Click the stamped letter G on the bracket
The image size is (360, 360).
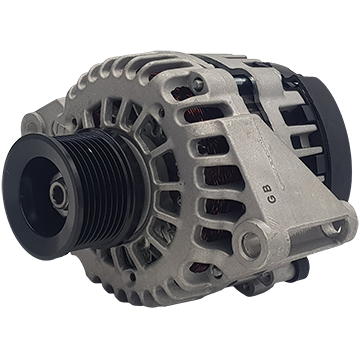pyautogui.click(x=272, y=199)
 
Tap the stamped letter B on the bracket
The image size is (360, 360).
pyautogui.click(x=268, y=189)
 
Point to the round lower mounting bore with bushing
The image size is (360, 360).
pyautogui.click(x=252, y=242)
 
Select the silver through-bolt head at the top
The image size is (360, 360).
pyautogui.click(x=197, y=84)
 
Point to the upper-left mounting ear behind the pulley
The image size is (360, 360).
pyautogui.click(x=37, y=122)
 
